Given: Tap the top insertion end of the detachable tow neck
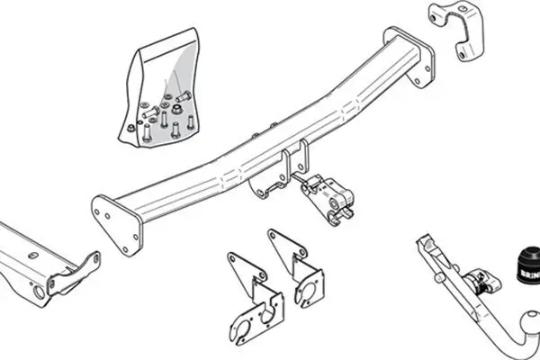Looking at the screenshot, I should click(x=424, y=244).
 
